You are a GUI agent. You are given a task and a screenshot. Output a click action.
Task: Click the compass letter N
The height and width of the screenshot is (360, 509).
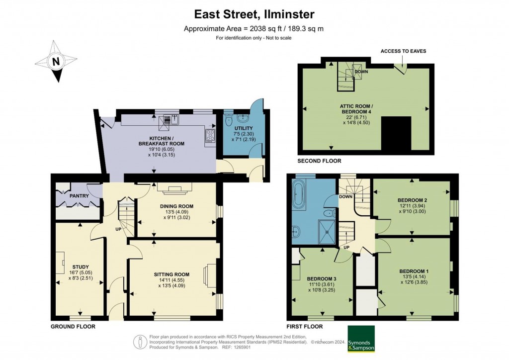[56, 61]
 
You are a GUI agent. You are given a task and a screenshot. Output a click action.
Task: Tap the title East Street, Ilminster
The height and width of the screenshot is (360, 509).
[254, 14]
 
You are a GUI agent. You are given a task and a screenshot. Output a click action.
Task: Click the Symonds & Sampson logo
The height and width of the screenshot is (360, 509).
[361, 339]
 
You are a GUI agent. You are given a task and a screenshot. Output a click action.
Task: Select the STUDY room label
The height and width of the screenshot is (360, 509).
[81, 267]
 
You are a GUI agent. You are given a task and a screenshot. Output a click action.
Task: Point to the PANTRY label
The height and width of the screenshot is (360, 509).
[79, 196]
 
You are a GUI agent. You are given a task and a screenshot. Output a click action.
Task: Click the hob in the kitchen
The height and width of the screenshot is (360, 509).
[210, 135]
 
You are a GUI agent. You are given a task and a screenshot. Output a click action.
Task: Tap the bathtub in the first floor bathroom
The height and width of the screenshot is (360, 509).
[297, 194]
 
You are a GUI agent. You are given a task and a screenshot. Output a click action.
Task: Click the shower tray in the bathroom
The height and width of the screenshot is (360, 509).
[328, 232]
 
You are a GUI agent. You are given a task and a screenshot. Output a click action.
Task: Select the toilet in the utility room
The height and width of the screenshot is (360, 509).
[228, 119]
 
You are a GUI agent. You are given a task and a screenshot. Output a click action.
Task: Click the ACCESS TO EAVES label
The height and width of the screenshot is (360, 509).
[403, 51]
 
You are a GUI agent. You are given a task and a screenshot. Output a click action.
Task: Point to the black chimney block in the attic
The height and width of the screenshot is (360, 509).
[396, 134]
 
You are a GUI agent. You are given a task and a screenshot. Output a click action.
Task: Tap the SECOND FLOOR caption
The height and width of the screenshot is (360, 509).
[320, 161]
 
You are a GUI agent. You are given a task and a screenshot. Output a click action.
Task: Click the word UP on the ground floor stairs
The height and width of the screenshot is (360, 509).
[118, 229]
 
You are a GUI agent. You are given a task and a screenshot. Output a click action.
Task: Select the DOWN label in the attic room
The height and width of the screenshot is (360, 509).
[361, 72]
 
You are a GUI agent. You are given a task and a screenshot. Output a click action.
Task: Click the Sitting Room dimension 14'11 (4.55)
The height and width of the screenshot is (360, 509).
[171, 280]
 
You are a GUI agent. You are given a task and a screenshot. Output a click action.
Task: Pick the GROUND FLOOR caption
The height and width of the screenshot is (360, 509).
[73, 327]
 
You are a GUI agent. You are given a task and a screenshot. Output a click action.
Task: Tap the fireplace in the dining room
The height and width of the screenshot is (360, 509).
[175, 188]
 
